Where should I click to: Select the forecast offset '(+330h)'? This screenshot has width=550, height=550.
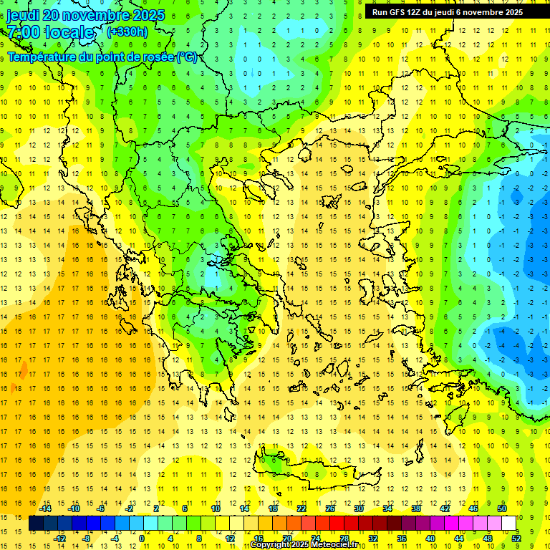127,32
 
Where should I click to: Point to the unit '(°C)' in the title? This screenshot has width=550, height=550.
187,57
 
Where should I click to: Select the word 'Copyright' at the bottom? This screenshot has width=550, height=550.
269,545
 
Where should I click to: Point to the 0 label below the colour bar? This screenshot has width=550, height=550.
142,538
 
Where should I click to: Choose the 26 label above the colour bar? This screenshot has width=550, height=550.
329,508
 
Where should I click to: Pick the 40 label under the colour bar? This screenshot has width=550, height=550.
430,538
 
